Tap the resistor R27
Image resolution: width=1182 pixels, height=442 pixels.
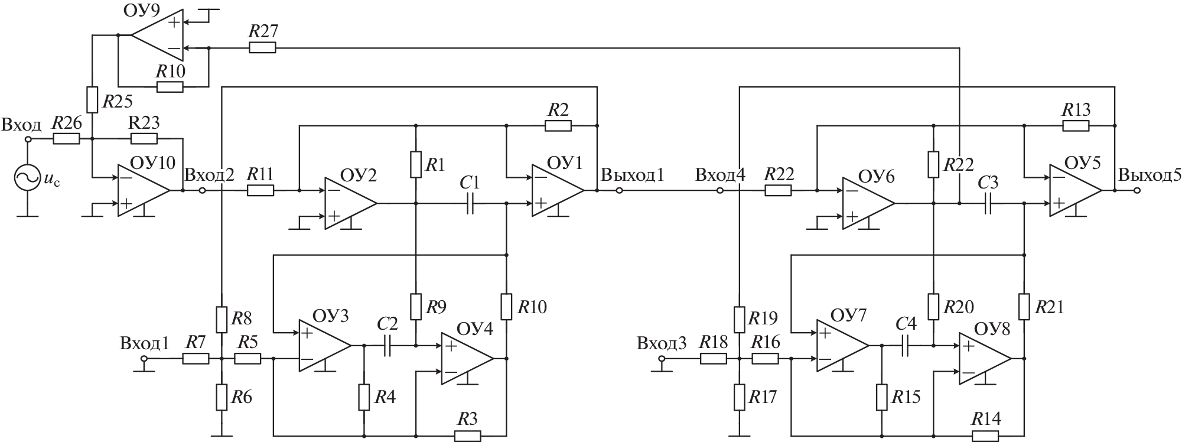tap(262, 48)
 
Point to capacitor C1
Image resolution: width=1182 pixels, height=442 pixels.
tap(471, 203)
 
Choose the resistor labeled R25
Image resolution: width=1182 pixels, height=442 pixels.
tap(92, 100)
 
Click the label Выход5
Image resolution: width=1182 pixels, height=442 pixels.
tap(1149, 175)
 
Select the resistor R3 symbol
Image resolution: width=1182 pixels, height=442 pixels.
tap(467, 435)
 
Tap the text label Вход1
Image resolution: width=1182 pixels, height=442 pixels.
tap(144, 343)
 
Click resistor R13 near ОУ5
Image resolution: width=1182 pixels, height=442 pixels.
tap(1075, 125)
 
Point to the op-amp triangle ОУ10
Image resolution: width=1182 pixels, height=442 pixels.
tap(144, 190)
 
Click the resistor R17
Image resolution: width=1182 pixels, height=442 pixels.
tap(740, 397)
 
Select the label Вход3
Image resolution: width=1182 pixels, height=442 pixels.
tap(662, 343)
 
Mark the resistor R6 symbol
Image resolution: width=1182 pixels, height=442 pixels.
tap(221, 397)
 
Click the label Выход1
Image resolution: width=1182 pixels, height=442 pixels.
tap(632, 175)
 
